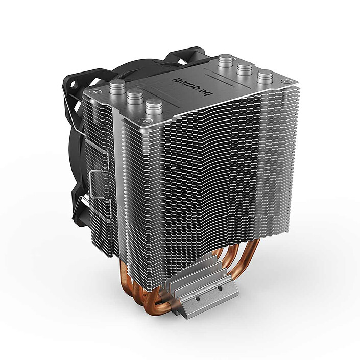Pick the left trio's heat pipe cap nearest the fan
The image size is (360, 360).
click(117, 86)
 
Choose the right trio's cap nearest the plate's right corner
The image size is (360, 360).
click(265, 78)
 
